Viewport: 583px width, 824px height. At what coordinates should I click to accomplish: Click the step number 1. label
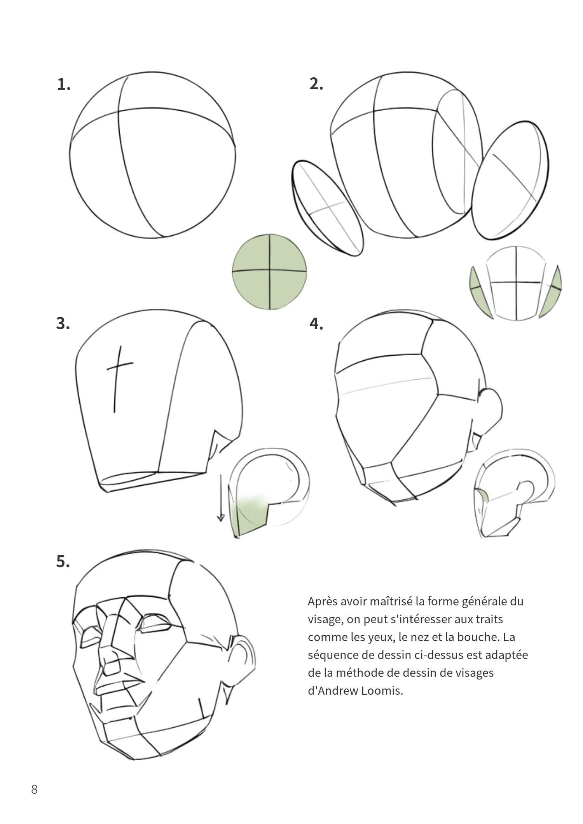64,85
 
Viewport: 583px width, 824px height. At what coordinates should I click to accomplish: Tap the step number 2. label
316,84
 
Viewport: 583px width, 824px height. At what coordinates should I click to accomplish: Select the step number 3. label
63,323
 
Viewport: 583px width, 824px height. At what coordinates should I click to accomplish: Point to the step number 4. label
316,323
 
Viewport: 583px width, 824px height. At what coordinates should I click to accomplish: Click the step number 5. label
63,562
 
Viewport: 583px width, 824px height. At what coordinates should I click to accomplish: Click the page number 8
34,789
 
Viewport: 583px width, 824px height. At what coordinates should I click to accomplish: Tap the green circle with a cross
269,271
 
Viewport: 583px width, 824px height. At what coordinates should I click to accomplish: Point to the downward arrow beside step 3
221,497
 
